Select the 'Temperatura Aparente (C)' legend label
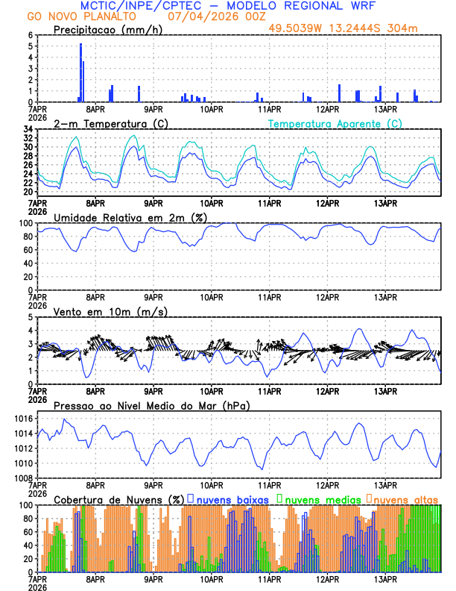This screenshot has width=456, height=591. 335,123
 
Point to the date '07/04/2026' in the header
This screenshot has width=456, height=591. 197,16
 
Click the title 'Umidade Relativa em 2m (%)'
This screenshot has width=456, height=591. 130,217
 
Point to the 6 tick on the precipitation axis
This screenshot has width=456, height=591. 31,35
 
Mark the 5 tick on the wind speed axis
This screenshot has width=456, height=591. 31,317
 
